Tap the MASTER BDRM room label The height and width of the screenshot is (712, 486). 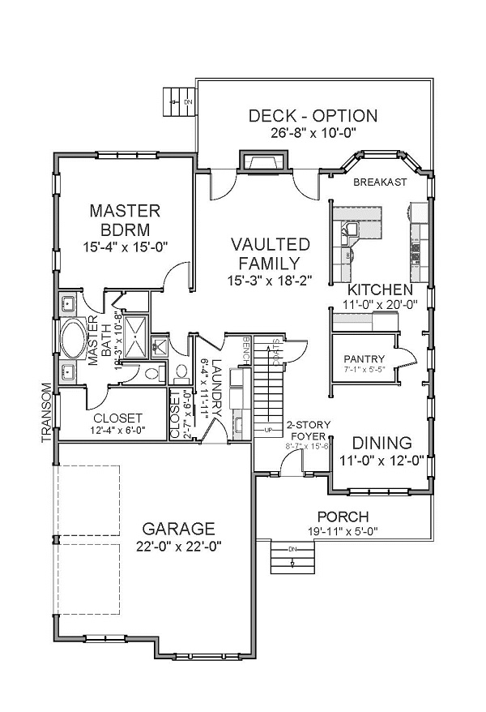point(125,219)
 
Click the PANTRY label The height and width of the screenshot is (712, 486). point(364,358)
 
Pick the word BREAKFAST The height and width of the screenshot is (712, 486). point(380,182)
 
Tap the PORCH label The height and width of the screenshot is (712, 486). point(343,516)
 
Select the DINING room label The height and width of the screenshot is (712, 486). point(382,444)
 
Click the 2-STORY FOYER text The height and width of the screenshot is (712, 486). point(306,431)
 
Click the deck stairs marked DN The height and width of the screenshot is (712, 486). point(179,101)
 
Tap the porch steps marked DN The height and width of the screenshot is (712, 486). point(292,556)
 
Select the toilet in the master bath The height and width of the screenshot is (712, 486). point(151,375)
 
